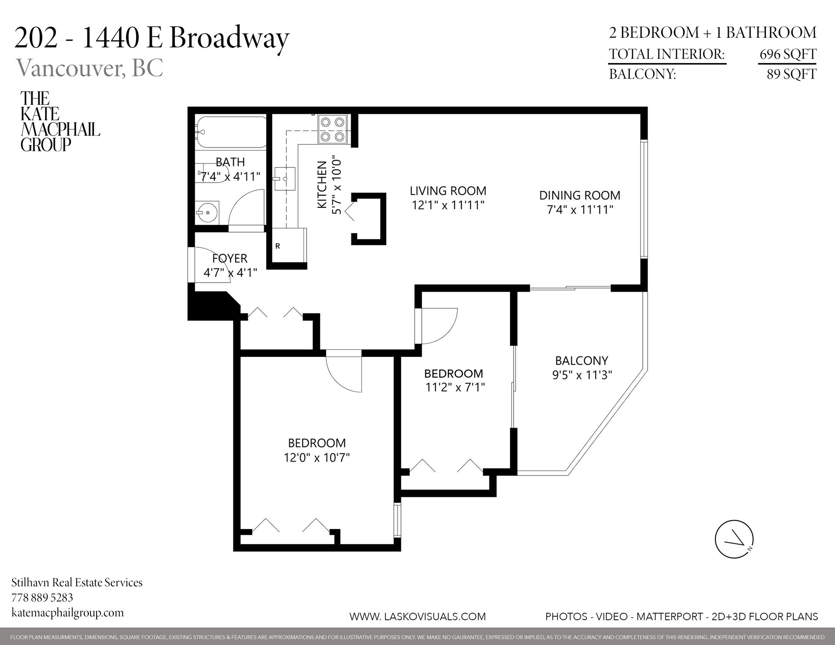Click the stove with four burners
tap(333, 129)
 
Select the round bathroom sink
tap(207, 213)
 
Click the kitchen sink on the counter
tap(284, 179)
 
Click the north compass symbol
tap(734, 539)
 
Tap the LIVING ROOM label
tap(448, 191)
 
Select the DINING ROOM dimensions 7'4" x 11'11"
tap(580, 210)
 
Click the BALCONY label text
tap(581, 360)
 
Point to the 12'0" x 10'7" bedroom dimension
tap(317, 458)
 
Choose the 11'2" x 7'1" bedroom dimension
tap(455, 387)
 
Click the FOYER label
tap(230, 259)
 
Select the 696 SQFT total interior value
tap(788, 54)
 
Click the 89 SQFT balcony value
tap(791, 74)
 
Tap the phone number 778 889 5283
tap(42, 597)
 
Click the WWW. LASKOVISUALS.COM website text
tap(417, 616)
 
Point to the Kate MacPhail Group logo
tap(60, 121)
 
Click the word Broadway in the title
tap(229, 38)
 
